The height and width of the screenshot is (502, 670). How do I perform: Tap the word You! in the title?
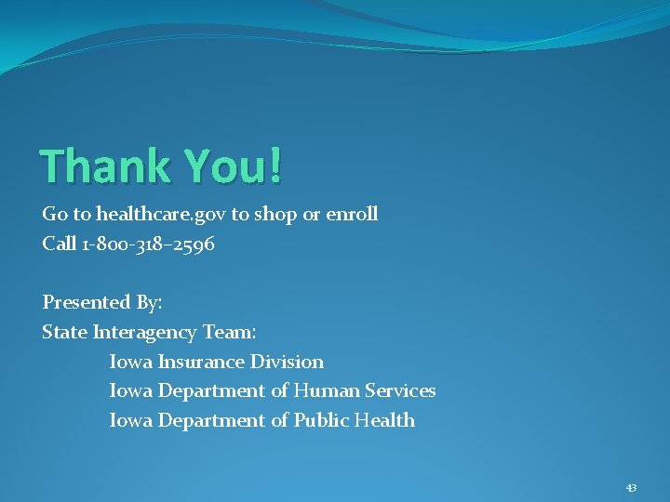click(233, 166)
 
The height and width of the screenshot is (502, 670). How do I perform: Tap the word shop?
click(275, 215)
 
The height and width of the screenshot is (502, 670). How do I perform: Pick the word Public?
click(322, 420)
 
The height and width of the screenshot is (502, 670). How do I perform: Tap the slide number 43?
click(631, 487)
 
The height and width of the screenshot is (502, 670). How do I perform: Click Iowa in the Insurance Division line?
click(131, 362)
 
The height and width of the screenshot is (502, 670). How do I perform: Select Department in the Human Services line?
click(212, 391)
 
